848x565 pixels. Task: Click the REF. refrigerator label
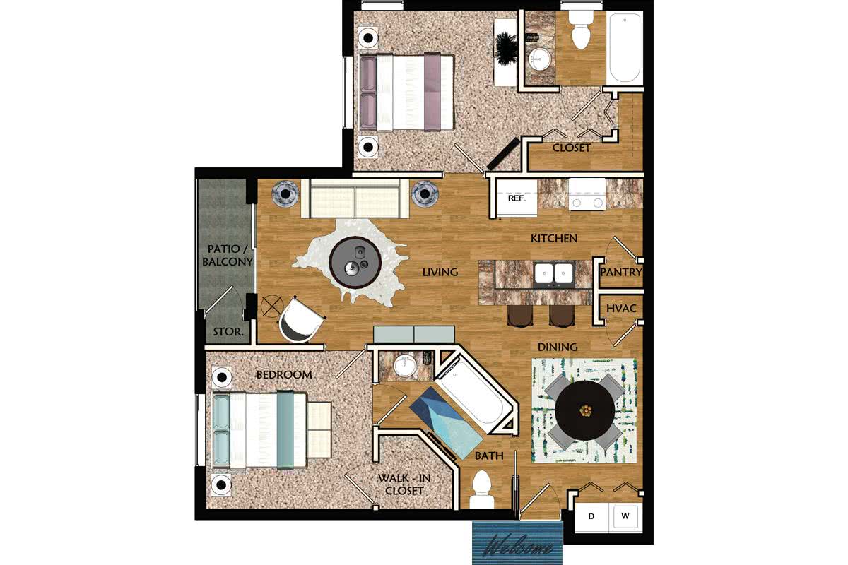click(x=517, y=198)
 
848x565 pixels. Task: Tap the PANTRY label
click(x=621, y=272)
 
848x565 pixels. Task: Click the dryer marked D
click(x=591, y=516)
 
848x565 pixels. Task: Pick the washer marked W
click(x=625, y=516)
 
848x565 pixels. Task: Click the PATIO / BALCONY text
click(x=227, y=256)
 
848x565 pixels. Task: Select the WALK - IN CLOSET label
click(x=404, y=484)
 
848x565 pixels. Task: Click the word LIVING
click(x=440, y=272)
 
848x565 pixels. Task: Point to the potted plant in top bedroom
click(x=506, y=48)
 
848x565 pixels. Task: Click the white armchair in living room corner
click(x=300, y=320)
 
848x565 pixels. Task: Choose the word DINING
click(x=558, y=347)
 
